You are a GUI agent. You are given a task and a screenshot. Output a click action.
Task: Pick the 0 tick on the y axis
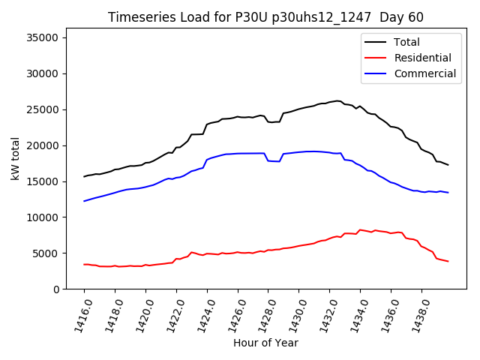56,289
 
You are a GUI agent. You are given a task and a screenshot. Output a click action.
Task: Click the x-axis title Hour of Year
265,343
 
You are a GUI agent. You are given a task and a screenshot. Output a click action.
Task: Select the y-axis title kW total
15,163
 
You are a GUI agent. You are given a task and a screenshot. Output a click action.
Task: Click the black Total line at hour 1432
329,102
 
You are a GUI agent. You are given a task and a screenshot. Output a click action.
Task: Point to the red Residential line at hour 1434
360,229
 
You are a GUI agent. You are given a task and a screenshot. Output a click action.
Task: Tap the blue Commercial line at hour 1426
238,153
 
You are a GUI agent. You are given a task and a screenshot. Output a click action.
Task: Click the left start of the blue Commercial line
84,201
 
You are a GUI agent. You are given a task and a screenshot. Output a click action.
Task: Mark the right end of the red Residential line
448,261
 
